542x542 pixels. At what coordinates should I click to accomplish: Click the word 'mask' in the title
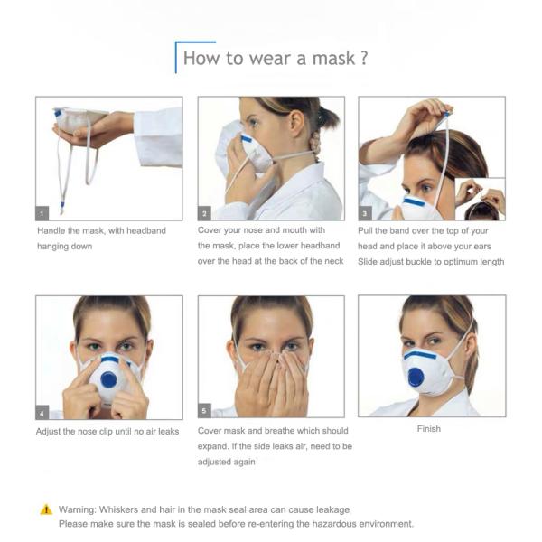[x=333, y=58]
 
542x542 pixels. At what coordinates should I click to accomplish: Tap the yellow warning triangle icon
[x=46, y=509]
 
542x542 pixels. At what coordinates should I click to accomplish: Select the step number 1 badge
[x=42, y=213]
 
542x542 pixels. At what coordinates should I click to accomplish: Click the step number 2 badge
[x=204, y=213]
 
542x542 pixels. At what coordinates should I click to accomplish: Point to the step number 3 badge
[x=365, y=213]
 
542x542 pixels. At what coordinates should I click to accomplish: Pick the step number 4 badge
[x=42, y=413]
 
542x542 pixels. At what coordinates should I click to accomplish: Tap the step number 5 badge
[x=204, y=410]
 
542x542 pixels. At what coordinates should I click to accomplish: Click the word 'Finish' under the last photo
[x=429, y=428]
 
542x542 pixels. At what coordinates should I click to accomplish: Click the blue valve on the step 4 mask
[x=109, y=380]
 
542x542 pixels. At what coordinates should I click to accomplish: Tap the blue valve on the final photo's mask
[x=416, y=377]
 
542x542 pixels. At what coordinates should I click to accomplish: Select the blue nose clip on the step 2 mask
[x=247, y=139]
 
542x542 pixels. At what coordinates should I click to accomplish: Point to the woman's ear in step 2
[x=296, y=121]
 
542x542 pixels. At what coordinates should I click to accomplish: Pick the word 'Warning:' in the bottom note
[x=78, y=509]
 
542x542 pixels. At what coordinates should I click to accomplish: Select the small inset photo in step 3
[x=481, y=199]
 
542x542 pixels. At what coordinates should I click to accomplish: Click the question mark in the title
[x=364, y=58]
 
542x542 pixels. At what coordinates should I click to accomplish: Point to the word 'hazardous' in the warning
[x=333, y=524]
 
